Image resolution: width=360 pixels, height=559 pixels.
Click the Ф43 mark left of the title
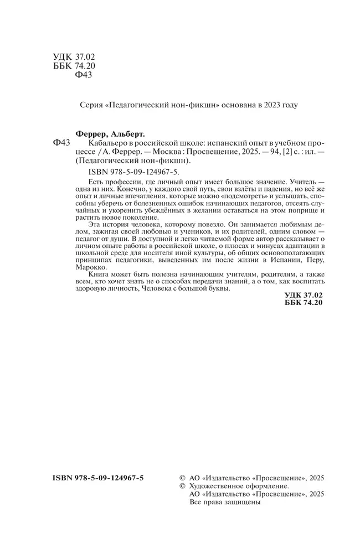point(61,143)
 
